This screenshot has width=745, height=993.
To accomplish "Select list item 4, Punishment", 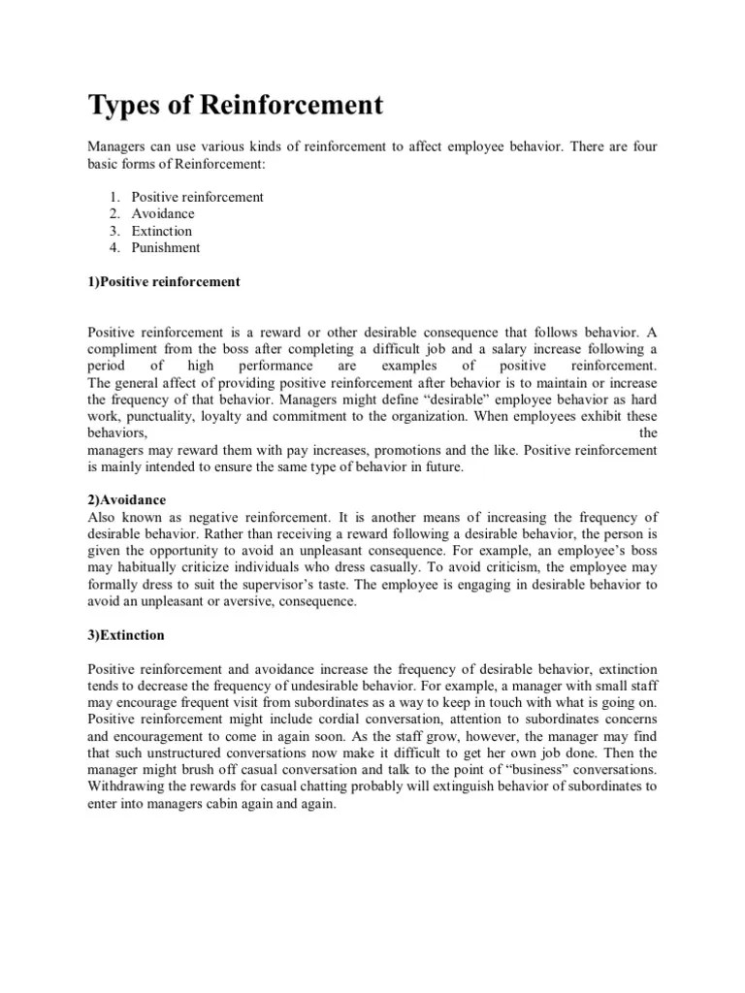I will point(166,247).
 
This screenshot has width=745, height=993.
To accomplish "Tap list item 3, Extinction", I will point(162,231).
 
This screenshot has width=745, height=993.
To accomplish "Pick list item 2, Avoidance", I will point(163,213).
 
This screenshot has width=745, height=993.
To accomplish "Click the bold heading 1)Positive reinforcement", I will point(163,281).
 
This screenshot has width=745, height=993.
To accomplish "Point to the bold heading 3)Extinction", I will point(126,635).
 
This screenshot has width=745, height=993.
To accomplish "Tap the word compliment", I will point(122,348).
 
